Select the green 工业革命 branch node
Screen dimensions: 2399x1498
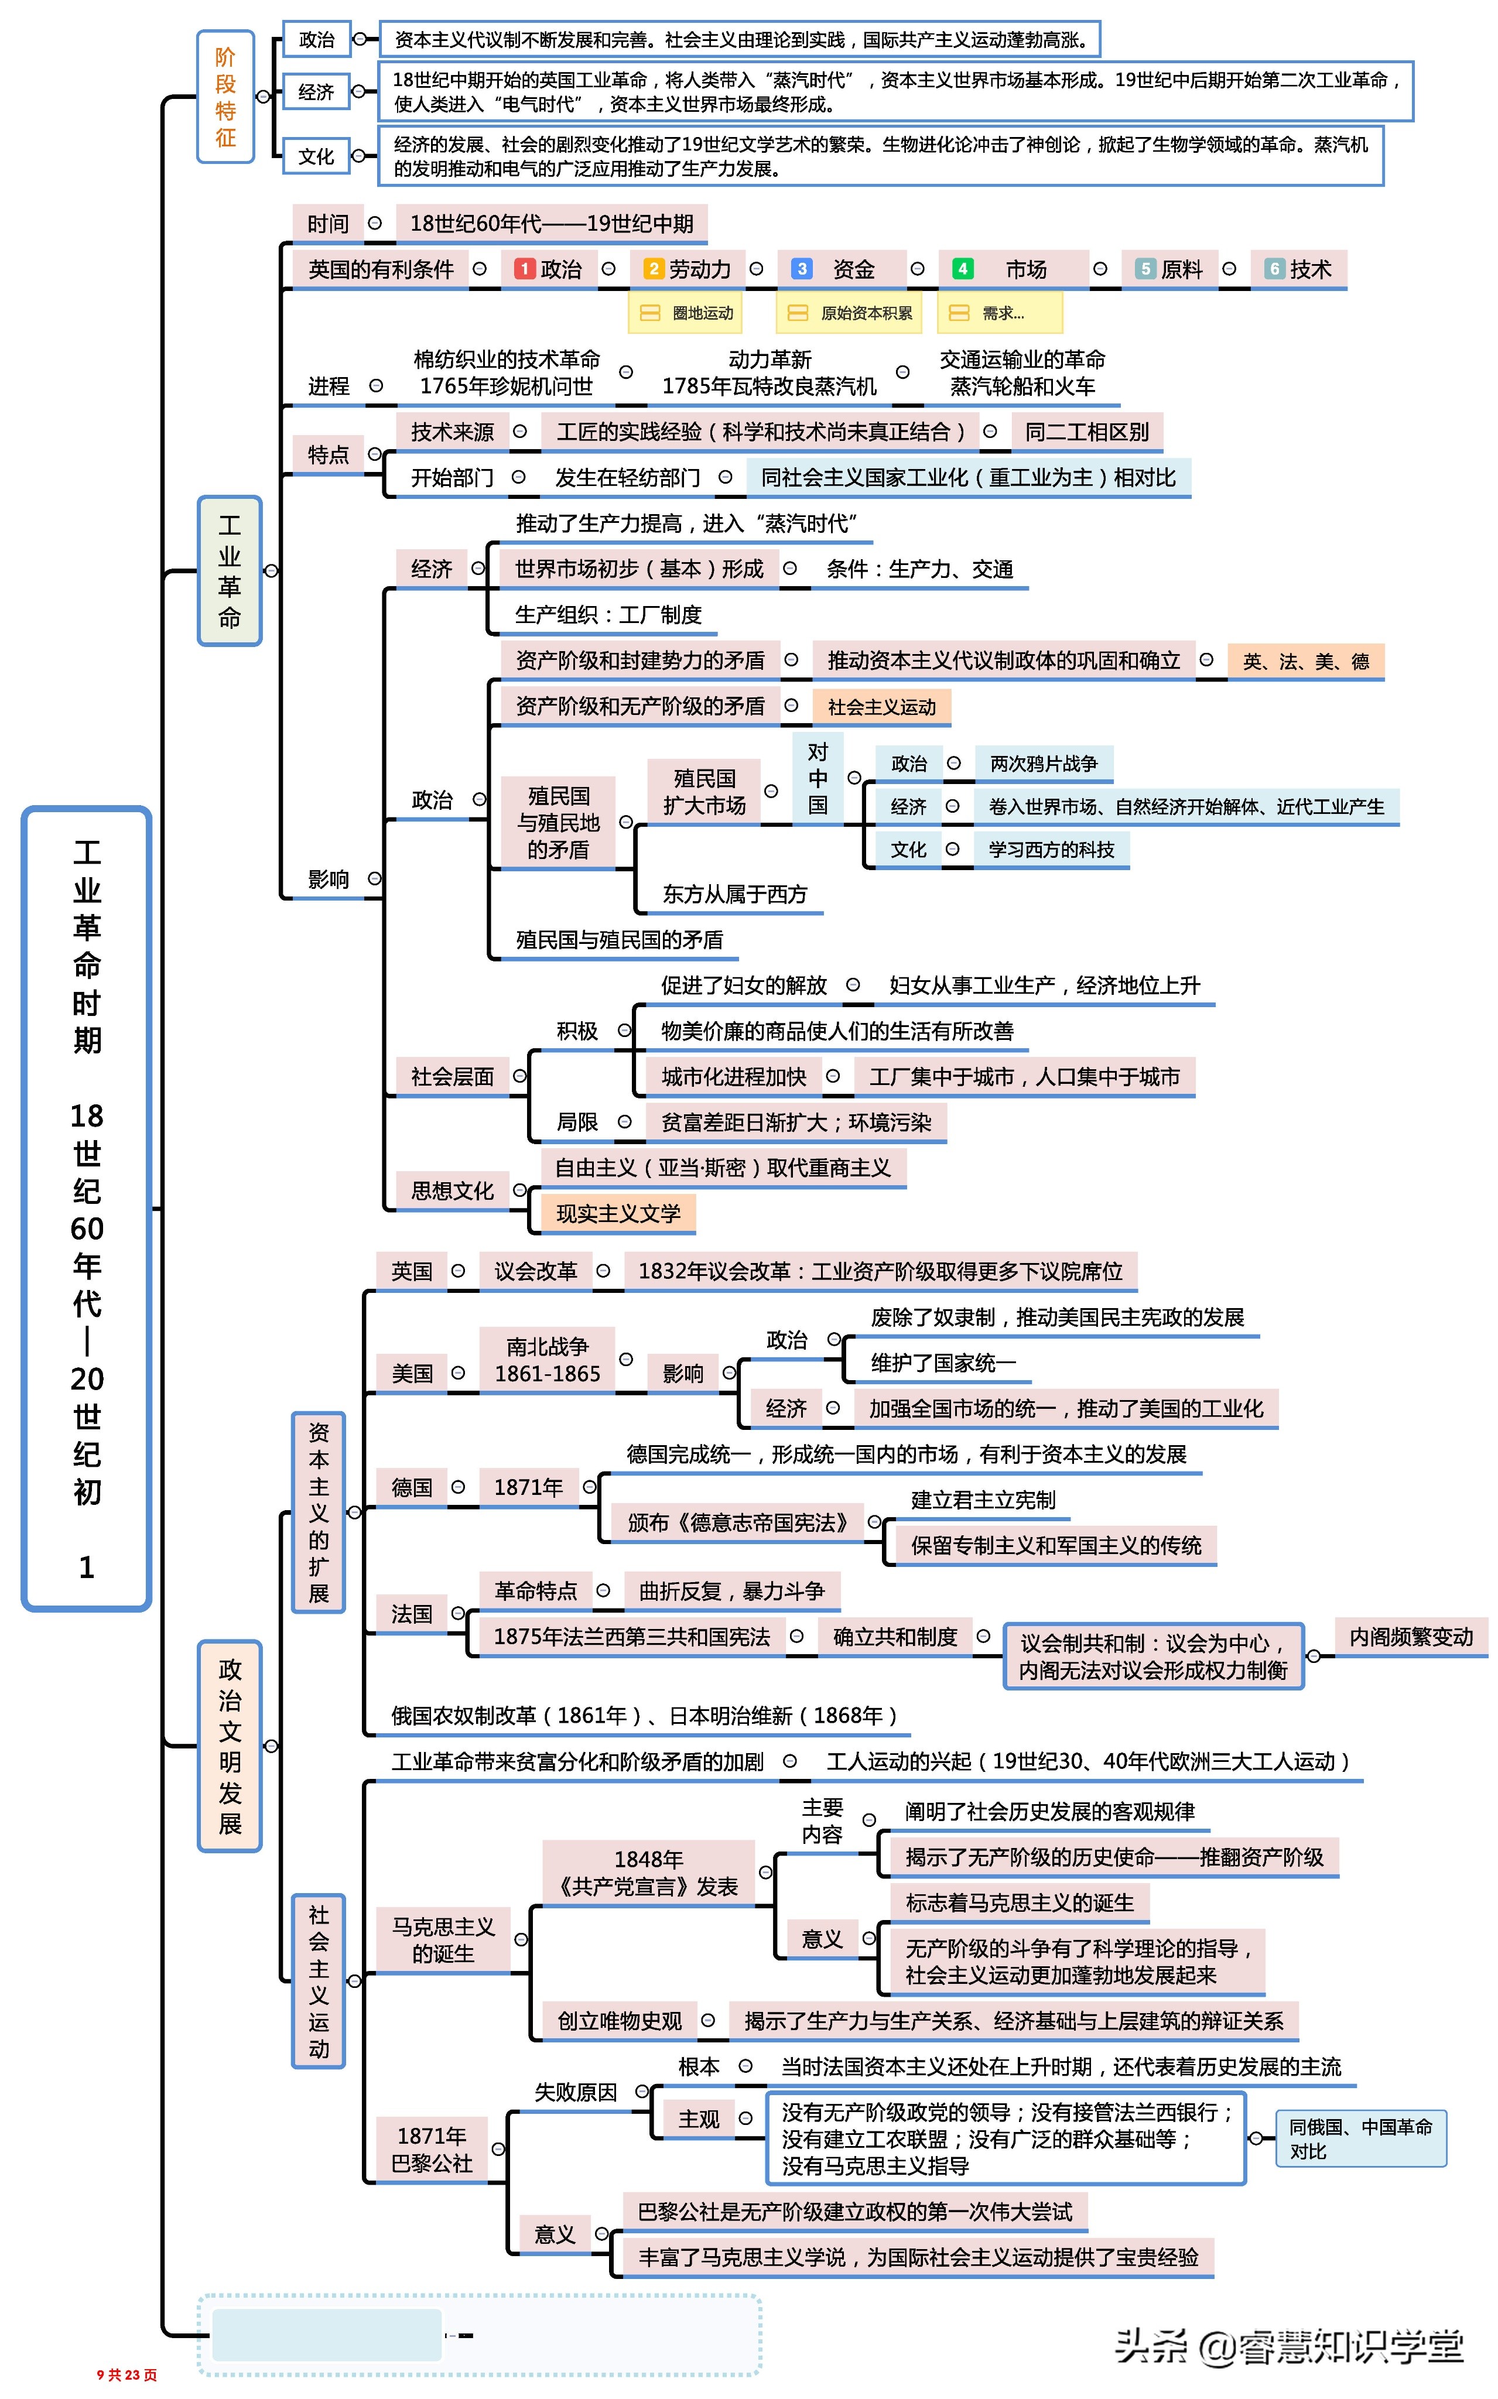[230, 570]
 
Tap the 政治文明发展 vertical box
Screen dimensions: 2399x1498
[230, 1746]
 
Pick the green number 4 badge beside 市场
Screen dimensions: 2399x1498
[961, 268]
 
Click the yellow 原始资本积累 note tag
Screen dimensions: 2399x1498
[850, 313]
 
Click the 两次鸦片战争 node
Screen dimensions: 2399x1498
[1043, 764]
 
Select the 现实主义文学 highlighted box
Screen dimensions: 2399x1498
[618, 1213]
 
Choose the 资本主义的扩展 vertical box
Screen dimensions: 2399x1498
[318, 1512]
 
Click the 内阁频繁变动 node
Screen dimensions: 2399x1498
[1411, 1636]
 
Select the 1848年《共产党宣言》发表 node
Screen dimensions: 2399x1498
[649, 1872]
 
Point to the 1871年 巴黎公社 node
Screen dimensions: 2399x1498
[432, 2150]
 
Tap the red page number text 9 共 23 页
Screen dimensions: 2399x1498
[127, 2374]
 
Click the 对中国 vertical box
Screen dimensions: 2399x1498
[818, 779]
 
